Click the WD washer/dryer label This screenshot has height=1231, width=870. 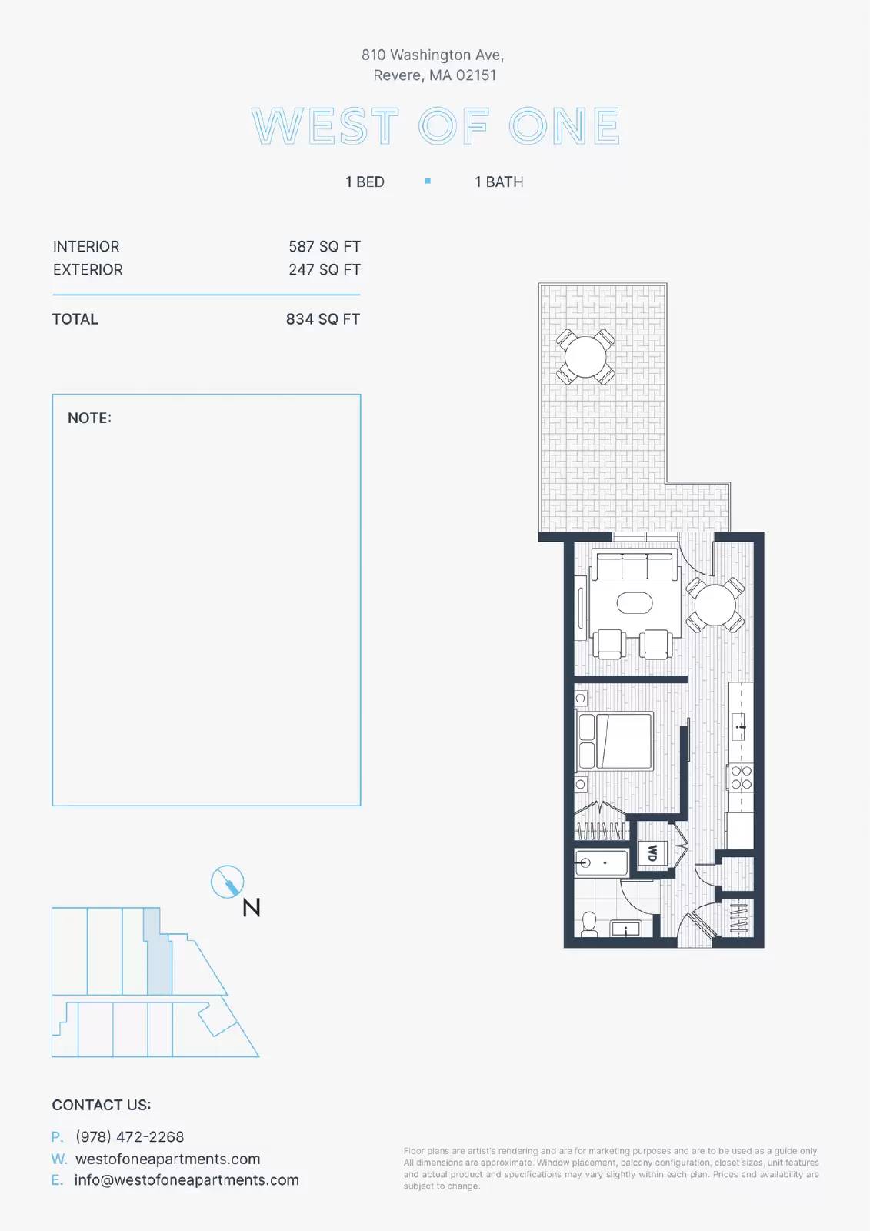652,852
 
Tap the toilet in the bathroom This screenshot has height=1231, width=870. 589,924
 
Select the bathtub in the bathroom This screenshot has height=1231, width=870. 602,862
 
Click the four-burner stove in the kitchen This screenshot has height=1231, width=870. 741,778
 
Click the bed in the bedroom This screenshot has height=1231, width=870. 615,740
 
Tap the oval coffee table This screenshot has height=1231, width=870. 635,603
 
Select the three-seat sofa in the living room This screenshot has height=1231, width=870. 634,566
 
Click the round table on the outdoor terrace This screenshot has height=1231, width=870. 585,357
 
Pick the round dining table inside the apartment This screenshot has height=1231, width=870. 715,605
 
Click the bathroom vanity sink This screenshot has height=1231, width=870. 627,929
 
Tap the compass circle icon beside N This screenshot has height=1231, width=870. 227,882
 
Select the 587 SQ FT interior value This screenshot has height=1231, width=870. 325,246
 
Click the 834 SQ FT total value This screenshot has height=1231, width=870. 323,319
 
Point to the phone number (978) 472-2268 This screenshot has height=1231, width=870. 130,1136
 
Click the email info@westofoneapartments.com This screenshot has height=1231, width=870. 186,1180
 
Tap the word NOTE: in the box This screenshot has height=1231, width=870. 89,418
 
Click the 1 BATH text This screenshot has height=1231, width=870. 499,182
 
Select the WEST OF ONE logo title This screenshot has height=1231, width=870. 436,126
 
